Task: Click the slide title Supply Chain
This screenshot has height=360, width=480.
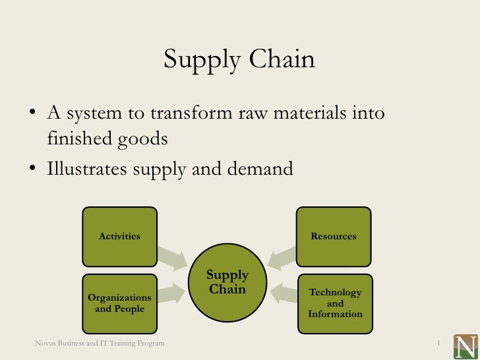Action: point(239,59)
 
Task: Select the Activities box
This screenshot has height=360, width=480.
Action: point(119,235)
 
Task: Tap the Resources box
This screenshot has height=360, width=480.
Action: point(333,235)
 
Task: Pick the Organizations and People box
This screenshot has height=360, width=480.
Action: point(119,303)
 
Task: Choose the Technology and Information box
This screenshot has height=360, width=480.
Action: point(335,303)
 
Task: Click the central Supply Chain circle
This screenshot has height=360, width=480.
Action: point(227,282)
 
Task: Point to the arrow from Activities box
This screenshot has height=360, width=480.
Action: point(173,258)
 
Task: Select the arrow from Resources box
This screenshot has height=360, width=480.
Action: point(282,257)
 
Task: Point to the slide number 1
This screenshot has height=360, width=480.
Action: point(438,344)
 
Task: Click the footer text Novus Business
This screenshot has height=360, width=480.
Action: point(100,344)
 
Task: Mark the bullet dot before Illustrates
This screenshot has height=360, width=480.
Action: point(32,169)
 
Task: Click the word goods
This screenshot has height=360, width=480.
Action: point(140,140)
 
